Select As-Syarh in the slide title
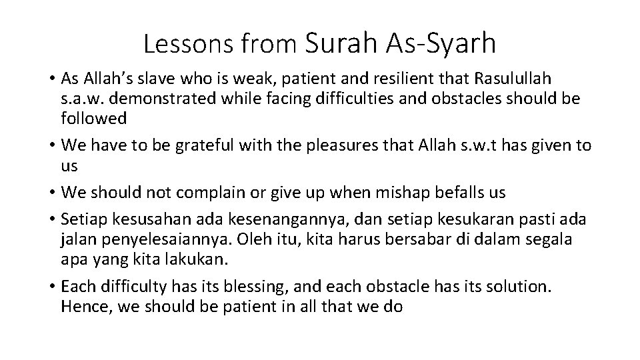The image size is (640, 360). pyautogui.click(x=441, y=43)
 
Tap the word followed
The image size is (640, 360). pyautogui.click(x=93, y=119)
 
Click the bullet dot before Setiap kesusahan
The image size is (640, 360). pyautogui.click(x=51, y=220)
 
